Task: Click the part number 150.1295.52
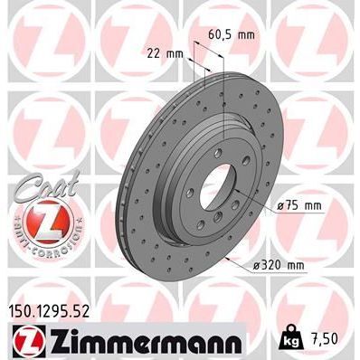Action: (x=60, y=310)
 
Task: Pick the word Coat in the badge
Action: (x=35, y=180)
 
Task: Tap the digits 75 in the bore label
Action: (x=291, y=205)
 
